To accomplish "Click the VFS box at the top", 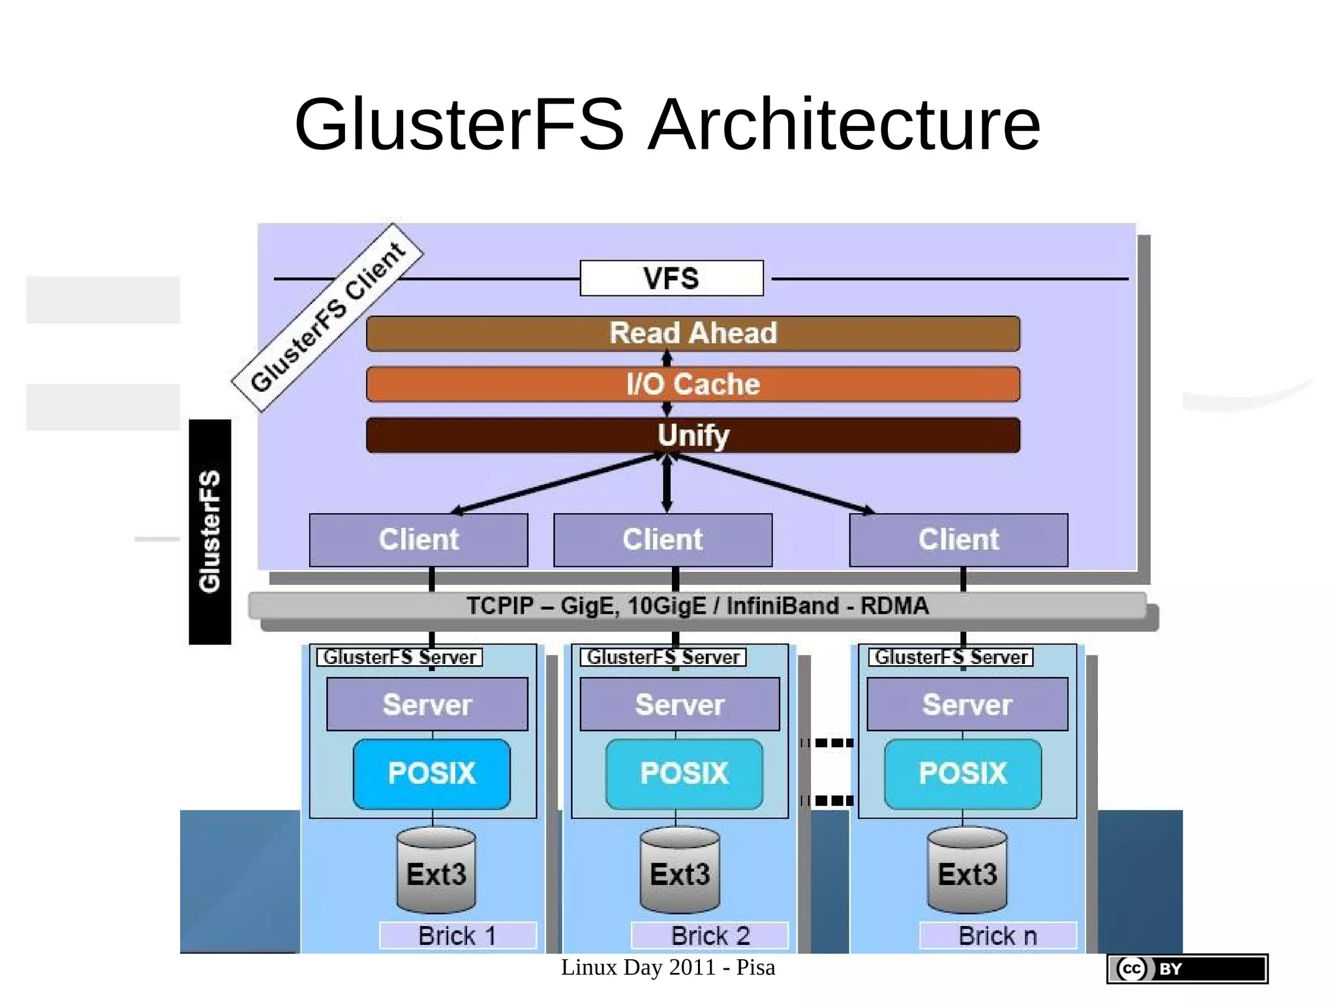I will pos(671,278).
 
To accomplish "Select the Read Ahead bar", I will pos(693,333).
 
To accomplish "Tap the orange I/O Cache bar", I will pos(693,384).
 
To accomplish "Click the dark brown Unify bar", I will pos(693,435).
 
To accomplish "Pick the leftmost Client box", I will pos(418,540).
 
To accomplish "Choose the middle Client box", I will pos(663,540).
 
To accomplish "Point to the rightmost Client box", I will pos(958,540).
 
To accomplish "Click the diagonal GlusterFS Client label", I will pos(327,318).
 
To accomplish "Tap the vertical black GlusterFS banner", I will pos(210,531).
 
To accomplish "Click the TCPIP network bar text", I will pos(697,606).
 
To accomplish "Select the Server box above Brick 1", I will pos(427,704).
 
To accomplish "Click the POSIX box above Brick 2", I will pos(684,773).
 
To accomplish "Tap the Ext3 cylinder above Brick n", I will pos(967,872).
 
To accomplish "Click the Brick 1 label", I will pos(457,936).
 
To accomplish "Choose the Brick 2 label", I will pos(710,936).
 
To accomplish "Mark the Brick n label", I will pos(997,936).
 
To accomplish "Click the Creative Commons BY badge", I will pos(1187,968).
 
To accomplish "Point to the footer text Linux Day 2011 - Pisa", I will pos(668,968).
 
